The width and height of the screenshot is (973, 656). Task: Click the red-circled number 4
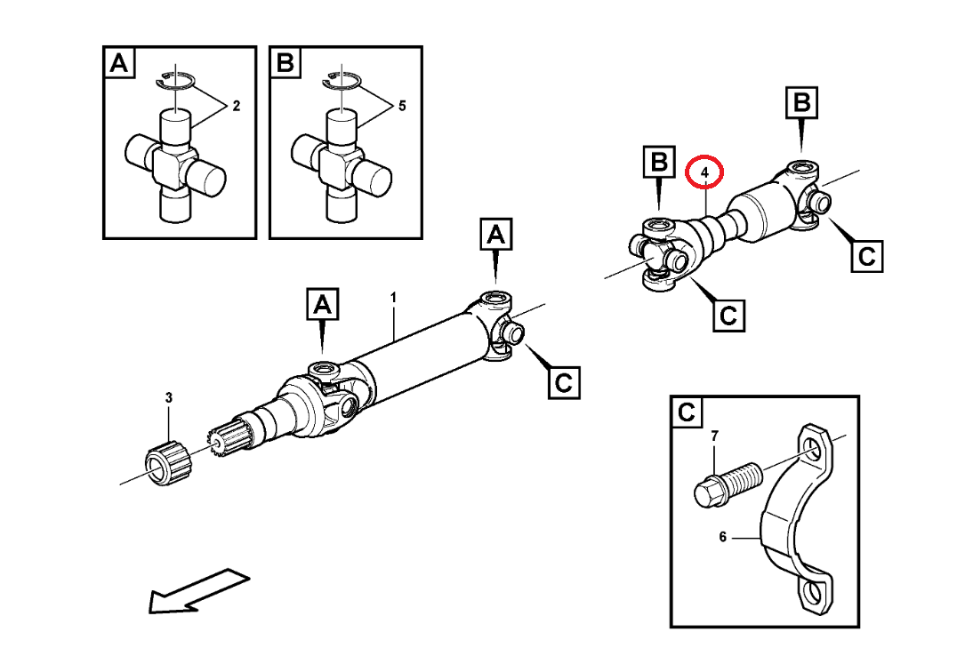704,172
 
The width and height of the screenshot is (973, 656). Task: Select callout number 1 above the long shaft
393,296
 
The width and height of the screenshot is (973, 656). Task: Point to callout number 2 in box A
237,107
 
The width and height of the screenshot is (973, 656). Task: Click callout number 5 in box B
402,107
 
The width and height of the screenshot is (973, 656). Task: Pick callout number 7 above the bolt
713,436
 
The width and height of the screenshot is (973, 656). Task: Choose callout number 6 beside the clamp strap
723,537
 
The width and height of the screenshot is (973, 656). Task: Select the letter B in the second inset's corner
285,63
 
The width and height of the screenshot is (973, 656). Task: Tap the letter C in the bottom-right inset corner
687,412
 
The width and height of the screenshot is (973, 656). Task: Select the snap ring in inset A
176,82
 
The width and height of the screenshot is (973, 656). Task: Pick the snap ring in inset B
342,82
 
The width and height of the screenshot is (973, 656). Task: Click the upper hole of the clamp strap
814,446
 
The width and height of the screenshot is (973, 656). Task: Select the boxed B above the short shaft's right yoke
802,103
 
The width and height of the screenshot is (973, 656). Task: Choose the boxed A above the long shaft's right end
496,236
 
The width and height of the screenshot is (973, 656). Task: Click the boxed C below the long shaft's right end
562,382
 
